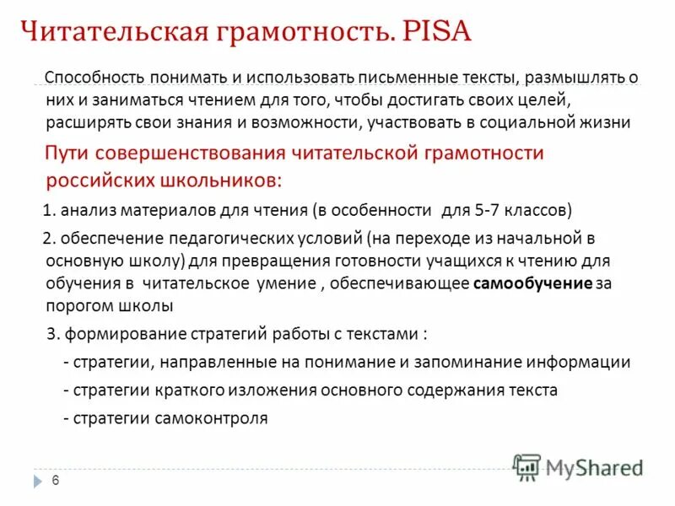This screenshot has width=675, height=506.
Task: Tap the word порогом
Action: coord(76,304)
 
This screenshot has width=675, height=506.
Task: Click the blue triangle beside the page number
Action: coord(37,481)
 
